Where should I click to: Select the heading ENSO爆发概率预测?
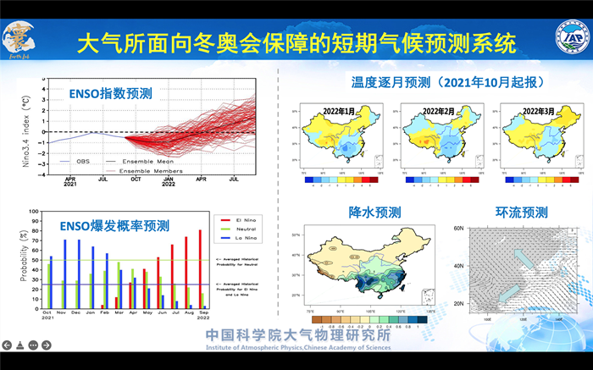pyautogui.click(x=114, y=226)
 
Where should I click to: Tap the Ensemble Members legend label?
pyautogui.click(x=153, y=171)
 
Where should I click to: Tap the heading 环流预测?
pyautogui.click(x=521, y=213)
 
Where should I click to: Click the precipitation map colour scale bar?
pyautogui.click(x=371, y=320)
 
